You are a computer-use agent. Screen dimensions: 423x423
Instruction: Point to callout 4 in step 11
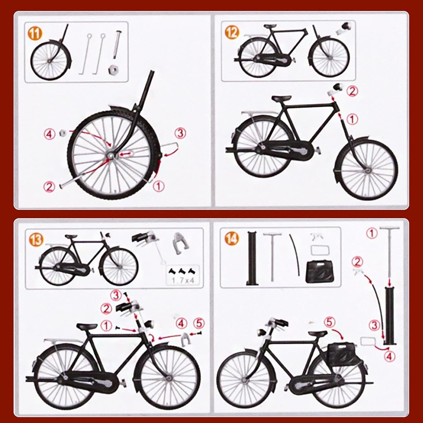click(x=50, y=134)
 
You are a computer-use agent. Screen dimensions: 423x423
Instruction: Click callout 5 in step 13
click(x=199, y=323)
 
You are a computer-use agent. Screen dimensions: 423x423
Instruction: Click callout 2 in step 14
click(x=358, y=262)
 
